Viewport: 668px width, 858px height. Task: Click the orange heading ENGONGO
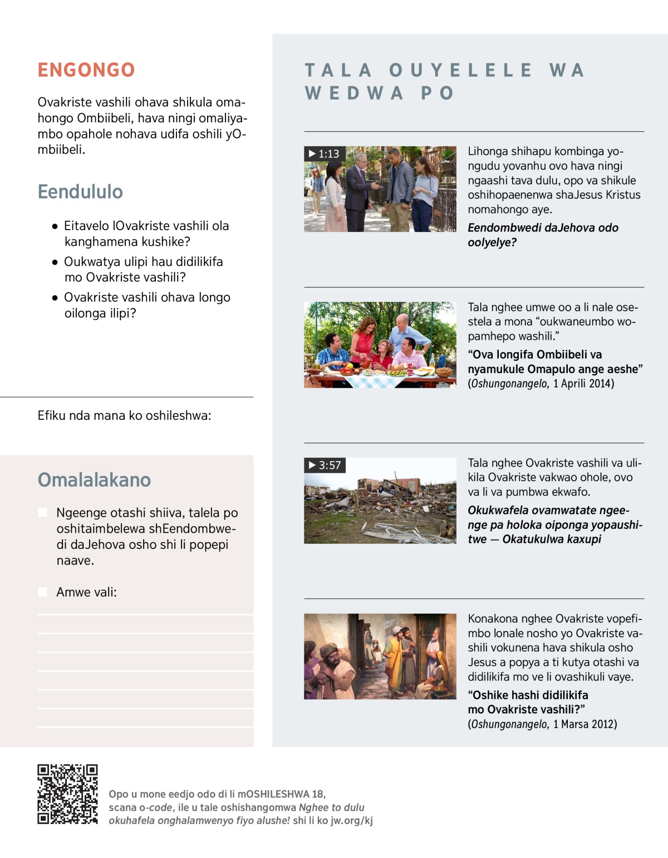[86, 70]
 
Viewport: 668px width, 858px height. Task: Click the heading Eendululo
[80, 192]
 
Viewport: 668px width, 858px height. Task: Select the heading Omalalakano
[94, 480]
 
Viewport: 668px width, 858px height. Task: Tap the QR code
[67, 794]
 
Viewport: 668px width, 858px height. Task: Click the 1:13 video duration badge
[325, 154]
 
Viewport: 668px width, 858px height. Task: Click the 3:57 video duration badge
[325, 465]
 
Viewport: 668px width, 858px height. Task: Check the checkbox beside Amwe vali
[42, 592]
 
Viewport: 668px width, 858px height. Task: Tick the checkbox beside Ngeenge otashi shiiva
[42, 513]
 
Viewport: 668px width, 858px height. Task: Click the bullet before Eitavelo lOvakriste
[55, 226]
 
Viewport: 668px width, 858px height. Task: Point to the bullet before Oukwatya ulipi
[55, 262]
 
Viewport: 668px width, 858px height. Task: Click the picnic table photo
[380, 345]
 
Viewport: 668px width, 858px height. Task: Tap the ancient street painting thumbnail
[380, 656]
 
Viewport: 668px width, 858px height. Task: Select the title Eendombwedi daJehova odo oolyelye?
[543, 235]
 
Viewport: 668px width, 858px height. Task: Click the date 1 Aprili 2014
[583, 384]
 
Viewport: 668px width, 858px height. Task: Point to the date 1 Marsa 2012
[585, 724]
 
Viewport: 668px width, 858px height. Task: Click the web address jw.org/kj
[352, 820]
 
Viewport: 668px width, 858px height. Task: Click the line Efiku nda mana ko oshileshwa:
[124, 415]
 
